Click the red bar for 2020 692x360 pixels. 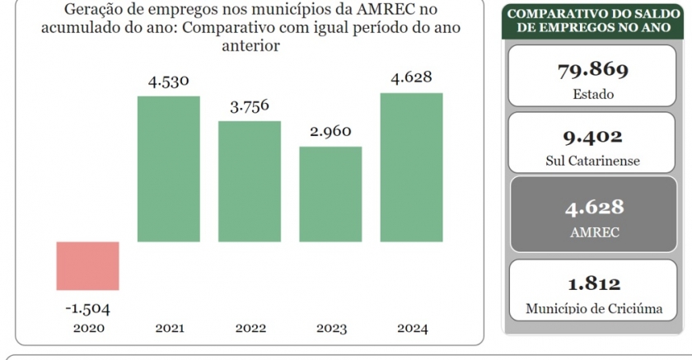(x=88, y=265)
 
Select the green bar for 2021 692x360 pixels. (x=169, y=169)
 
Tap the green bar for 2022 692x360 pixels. (x=250, y=181)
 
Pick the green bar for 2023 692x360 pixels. (x=330, y=194)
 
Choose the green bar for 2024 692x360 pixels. (x=411, y=167)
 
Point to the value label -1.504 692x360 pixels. (x=87, y=309)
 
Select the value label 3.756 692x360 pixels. (x=250, y=107)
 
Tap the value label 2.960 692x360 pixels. (x=330, y=132)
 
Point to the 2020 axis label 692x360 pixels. (x=87, y=328)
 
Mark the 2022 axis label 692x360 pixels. (x=250, y=328)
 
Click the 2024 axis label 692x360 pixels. (x=411, y=328)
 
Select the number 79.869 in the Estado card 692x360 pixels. (x=593, y=69)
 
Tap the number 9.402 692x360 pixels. (x=593, y=136)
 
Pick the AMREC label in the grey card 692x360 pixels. (x=593, y=231)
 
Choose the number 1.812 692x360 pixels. (x=593, y=284)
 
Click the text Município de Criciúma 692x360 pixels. (x=593, y=310)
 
